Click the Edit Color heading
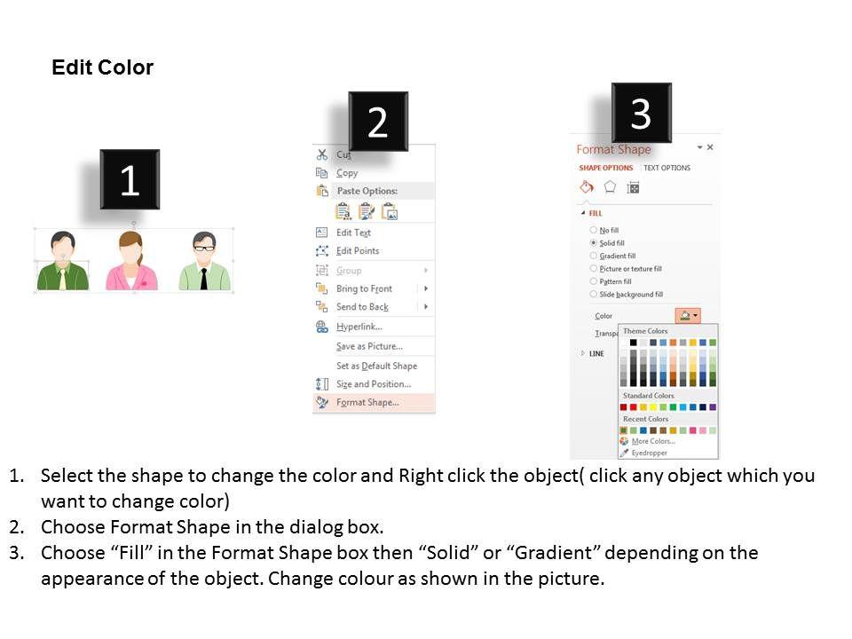(102, 67)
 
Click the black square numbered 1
(130, 179)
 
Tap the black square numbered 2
(378, 122)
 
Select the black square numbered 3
(641, 113)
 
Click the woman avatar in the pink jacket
(131, 261)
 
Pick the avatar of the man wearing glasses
(204, 261)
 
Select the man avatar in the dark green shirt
(62, 261)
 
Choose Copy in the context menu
(347, 173)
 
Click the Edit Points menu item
(358, 250)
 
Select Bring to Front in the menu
(364, 288)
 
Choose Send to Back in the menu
(362, 307)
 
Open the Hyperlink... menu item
(359, 327)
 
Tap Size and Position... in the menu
(374, 384)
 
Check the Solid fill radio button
(594, 243)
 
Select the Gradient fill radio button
(594, 256)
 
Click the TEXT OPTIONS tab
(667, 168)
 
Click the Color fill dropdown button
(688, 315)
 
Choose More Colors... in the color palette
(653, 441)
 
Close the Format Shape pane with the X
(710, 147)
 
